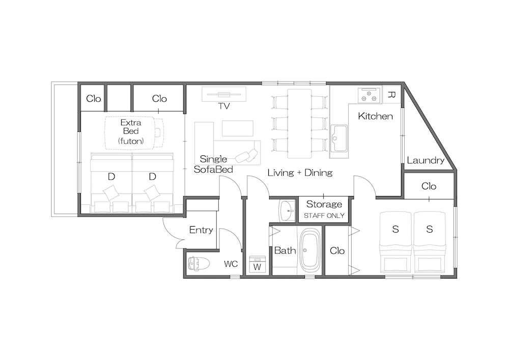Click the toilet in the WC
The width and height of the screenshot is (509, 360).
coord(196,263)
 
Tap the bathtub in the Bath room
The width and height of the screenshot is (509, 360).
coord(309,251)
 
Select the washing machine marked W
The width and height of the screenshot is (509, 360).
coord(258,264)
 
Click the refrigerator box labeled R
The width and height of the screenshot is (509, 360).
coord(391,95)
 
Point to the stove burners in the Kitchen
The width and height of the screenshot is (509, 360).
coord(369,95)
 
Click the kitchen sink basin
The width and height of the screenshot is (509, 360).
coord(339,139)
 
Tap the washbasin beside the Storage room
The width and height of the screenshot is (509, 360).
coord(287,211)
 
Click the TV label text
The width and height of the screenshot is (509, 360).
coord(224,106)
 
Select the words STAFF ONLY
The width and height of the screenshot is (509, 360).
coord(324,215)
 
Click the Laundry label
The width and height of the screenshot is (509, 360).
coord(426,160)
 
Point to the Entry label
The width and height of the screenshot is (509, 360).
coord(201,230)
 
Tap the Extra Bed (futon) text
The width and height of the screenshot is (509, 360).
coord(131,131)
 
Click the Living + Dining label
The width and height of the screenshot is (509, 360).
coord(300,173)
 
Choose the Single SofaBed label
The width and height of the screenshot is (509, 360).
coord(213,164)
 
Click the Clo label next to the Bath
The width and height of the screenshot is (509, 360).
coord(337,251)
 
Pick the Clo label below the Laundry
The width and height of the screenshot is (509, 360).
coord(429,186)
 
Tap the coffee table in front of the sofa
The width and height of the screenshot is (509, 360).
coord(238,128)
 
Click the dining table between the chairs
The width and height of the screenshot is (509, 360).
coord(300,124)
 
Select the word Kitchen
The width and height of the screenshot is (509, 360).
coord(375,116)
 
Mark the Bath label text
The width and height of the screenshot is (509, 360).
coord(285,251)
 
